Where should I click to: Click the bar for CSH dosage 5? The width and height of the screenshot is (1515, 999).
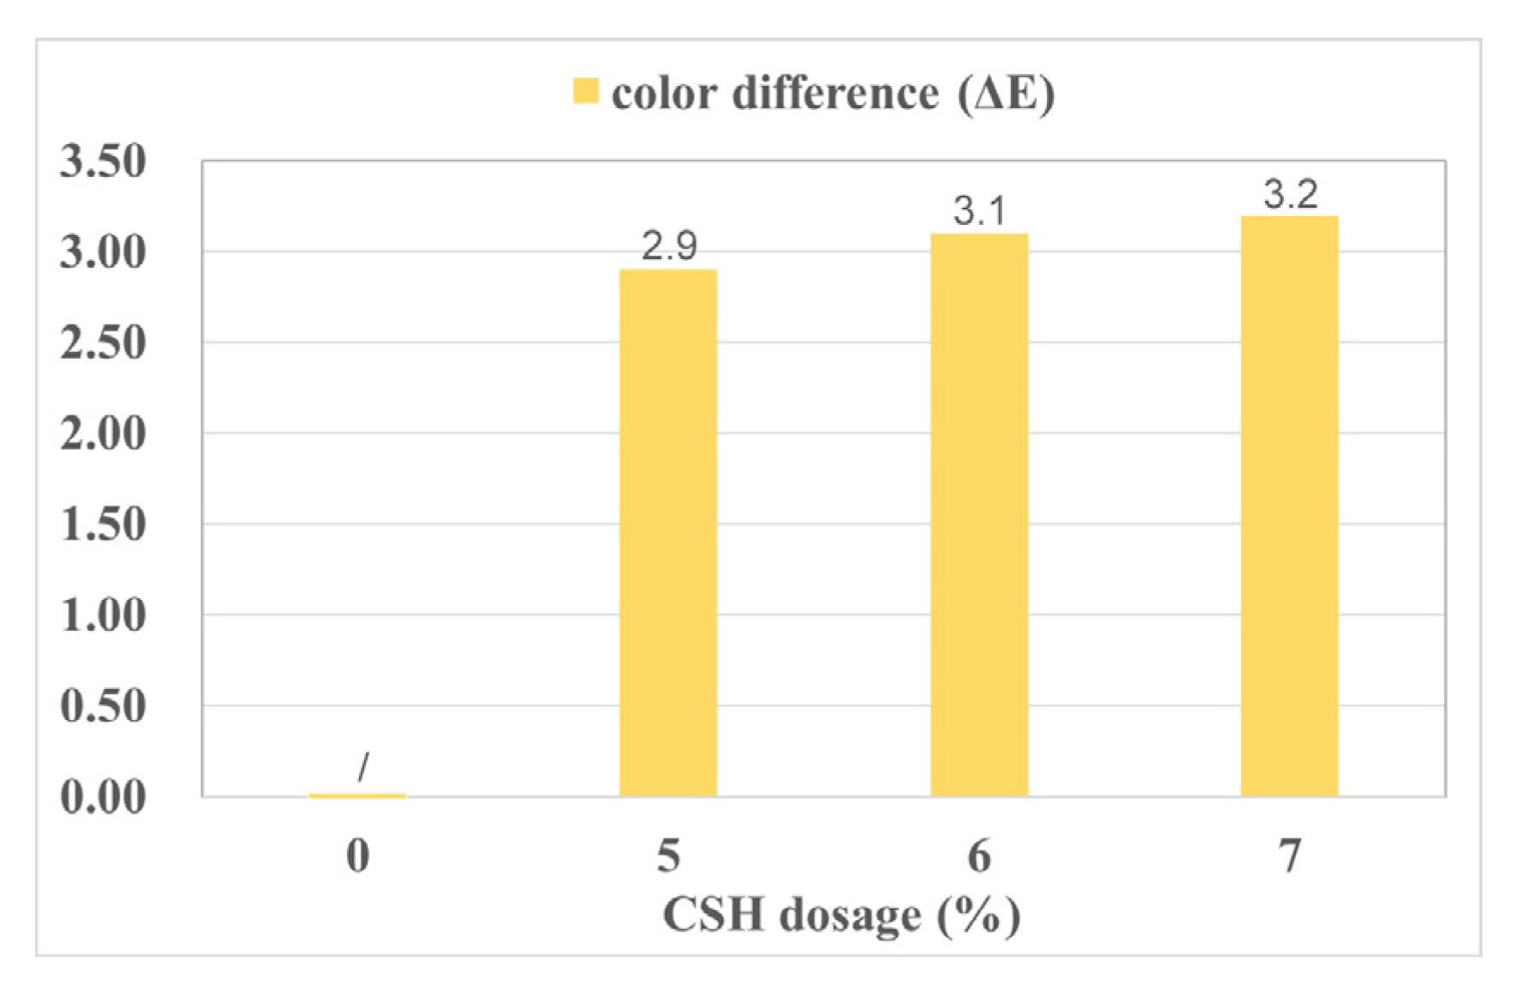point(668,532)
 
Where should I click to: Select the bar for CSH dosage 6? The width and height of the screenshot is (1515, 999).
point(979,515)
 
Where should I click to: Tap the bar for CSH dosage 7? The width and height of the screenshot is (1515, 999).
point(1289,506)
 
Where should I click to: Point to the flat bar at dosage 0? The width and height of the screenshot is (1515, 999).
point(357,796)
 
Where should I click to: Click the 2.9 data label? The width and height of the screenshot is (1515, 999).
point(669,247)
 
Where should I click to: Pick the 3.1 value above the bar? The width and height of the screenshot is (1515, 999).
point(979,211)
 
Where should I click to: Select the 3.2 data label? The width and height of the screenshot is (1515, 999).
point(1290,195)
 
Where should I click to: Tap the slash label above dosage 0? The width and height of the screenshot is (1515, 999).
point(363,766)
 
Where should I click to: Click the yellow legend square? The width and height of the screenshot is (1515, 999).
point(586,91)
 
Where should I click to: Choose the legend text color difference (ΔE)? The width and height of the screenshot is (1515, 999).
point(832,93)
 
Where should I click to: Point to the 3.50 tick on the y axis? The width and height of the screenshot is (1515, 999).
point(103,161)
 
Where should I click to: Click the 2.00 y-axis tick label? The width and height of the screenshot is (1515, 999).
point(103,433)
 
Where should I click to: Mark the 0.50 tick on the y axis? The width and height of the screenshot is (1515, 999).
point(103,705)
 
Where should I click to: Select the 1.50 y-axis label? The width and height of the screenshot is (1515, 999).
point(103,524)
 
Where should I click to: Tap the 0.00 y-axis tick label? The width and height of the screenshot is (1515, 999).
point(103,796)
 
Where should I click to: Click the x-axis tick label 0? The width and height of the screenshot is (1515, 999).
point(358,856)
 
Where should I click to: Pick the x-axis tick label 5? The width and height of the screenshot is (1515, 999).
point(668,856)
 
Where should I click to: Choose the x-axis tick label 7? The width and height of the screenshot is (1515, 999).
point(1289,856)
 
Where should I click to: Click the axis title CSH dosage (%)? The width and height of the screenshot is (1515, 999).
point(842,915)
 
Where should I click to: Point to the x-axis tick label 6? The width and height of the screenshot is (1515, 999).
point(979,856)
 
